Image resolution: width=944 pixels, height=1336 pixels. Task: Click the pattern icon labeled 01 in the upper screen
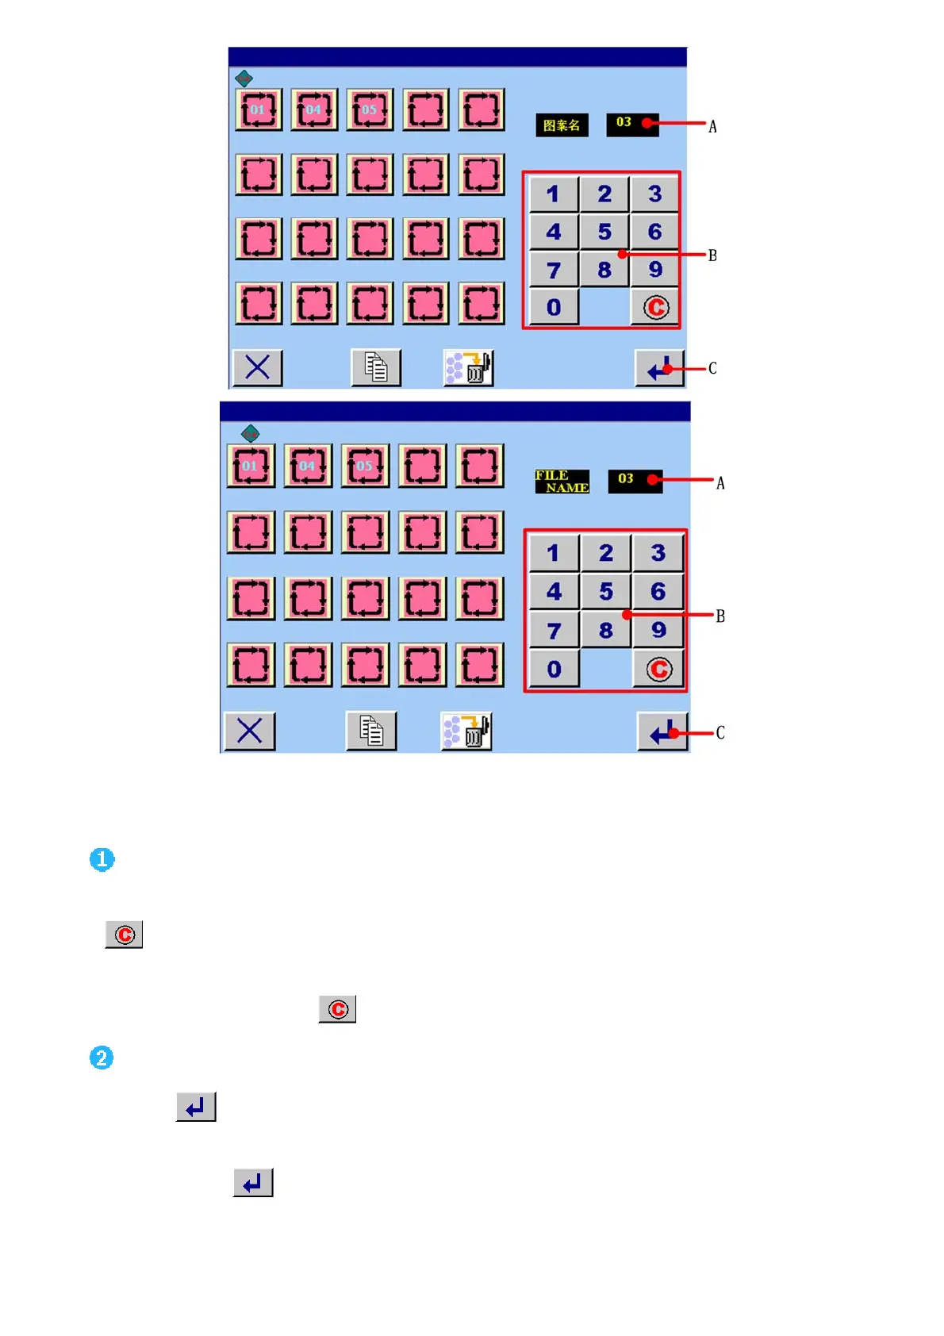(x=259, y=109)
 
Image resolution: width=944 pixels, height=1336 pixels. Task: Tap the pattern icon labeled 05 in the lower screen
(x=365, y=466)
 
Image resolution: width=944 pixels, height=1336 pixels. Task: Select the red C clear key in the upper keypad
(x=655, y=307)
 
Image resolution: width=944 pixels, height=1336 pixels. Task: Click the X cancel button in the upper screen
(x=257, y=368)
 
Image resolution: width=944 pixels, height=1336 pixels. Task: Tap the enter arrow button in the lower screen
(x=662, y=731)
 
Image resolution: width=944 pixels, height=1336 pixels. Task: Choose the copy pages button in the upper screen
(x=376, y=368)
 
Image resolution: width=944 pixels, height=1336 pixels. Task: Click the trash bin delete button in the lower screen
(x=466, y=731)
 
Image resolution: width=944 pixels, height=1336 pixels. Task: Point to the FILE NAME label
(x=562, y=482)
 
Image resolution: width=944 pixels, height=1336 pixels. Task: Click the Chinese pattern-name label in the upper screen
(x=562, y=125)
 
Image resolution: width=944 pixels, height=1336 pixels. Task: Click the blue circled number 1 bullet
(x=102, y=859)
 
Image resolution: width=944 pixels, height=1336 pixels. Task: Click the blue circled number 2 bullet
(x=102, y=1058)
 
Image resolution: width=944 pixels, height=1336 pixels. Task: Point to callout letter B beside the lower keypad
(x=720, y=616)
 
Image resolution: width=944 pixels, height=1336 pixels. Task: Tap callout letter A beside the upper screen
(x=712, y=127)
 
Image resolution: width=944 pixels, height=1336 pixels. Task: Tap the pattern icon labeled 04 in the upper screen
(x=314, y=109)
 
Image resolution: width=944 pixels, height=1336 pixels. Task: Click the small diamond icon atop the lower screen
(x=250, y=433)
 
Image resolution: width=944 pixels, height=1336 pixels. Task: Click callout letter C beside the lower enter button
(x=720, y=733)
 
